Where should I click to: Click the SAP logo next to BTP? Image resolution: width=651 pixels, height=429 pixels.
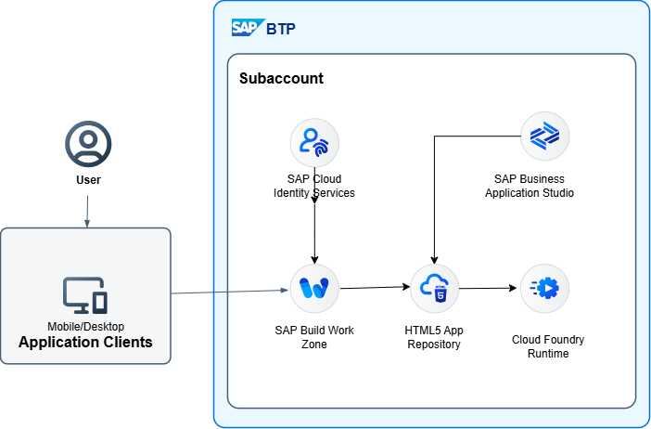click(246, 28)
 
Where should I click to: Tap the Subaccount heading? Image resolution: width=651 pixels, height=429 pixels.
click(281, 78)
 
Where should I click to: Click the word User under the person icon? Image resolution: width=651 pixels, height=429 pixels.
click(88, 180)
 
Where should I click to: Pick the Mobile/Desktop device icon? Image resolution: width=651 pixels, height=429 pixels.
click(85, 294)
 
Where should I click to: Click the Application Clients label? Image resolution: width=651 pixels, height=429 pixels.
click(85, 343)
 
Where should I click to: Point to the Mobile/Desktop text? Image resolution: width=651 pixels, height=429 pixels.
click(85, 327)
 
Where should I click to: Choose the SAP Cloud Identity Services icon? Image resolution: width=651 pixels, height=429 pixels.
click(314, 141)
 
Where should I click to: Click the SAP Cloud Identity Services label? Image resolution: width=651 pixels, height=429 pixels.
click(314, 186)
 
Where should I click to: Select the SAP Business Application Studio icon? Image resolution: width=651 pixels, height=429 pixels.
click(544, 136)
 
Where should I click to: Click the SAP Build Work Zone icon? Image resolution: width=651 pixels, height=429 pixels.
click(314, 288)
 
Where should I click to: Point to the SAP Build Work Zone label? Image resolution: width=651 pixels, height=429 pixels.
click(314, 337)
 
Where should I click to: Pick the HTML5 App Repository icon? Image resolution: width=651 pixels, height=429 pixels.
click(434, 288)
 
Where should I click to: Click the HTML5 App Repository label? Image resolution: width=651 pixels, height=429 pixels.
click(433, 337)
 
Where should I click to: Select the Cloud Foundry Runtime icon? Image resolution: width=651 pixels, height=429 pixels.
click(544, 288)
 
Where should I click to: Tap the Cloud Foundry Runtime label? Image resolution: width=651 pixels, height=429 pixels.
click(548, 346)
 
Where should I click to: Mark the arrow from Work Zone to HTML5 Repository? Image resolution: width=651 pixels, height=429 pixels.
click(375, 288)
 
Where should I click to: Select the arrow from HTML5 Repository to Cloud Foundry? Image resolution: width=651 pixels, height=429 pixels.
click(489, 288)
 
